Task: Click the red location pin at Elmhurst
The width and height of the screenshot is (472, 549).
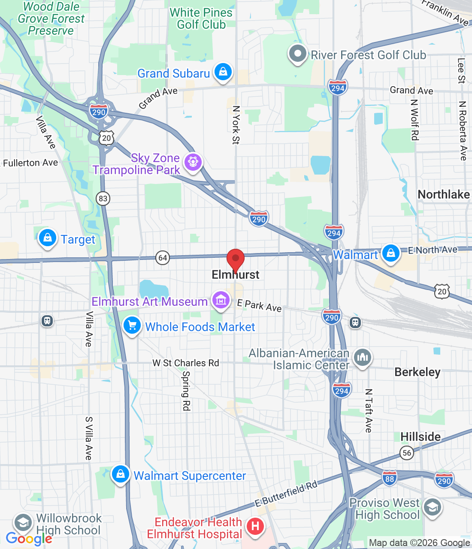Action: [x=235, y=259]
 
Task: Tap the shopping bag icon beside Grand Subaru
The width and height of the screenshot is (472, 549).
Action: [x=223, y=72]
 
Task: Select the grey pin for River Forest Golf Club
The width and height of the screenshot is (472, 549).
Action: [x=297, y=54]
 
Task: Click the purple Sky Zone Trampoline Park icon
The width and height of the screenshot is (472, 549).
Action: [x=193, y=162]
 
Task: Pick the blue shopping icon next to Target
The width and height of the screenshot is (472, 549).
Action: [x=48, y=237]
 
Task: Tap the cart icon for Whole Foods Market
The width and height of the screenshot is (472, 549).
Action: [x=132, y=326]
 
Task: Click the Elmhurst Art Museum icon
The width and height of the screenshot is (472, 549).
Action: [x=221, y=300]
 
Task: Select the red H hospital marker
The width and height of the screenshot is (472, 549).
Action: [x=255, y=525]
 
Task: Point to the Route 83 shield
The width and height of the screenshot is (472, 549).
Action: [x=103, y=199]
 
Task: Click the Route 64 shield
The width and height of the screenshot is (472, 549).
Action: [x=163, y=258]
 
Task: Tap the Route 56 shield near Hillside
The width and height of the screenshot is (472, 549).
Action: [x=407, y=453]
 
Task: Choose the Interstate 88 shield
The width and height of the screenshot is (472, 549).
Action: [x=390, y=478]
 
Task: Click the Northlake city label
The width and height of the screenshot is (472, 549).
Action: [x=444, y=195]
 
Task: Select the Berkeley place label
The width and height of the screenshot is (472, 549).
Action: [x=417, y=372]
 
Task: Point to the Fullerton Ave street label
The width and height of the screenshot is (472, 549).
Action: [x=30, y=163]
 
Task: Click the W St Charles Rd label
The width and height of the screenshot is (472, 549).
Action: [x=186, y=363]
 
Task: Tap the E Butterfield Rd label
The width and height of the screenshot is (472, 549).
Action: [x=286, y=494]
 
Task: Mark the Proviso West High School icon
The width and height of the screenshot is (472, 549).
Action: [x=432, y=507]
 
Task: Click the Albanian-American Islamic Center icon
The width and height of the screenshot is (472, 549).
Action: [x=363, y=357]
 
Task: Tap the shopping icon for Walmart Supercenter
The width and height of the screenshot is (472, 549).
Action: [x=121, y=474]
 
